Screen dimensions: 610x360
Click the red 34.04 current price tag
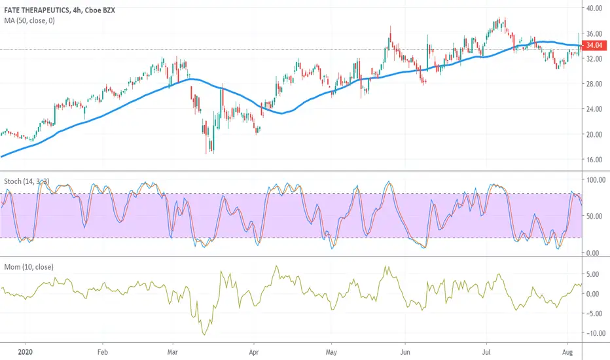coord(594,45)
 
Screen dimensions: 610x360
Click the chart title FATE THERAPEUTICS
coord(37,10)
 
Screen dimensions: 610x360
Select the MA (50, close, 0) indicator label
coord(29,21)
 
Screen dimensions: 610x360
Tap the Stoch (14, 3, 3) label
coord(26,181)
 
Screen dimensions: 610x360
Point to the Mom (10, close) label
coord(29,267)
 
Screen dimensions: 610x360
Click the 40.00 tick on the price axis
coord(594,8)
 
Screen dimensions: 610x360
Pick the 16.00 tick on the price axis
coord(594,160)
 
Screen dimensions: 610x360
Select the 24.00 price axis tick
coord(594,109)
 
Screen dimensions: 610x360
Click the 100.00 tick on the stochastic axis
coord(596,180)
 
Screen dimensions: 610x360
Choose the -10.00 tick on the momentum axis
coord(596,333)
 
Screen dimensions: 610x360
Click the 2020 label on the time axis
coord(26,352)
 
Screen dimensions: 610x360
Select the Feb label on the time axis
coord(102,352)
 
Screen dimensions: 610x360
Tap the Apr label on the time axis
coord(254,352)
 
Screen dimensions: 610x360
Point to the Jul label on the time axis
coord(486,352)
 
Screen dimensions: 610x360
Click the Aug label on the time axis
coord(567,352)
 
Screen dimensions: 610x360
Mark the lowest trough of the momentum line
coord(204,334)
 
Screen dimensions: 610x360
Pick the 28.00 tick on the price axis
coord(594,84)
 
